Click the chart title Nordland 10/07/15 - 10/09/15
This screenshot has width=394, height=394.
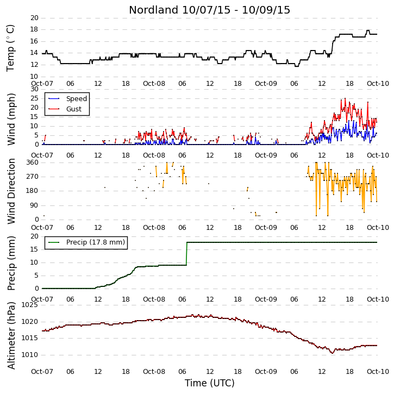(209, 10)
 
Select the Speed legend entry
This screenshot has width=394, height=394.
(67, 98)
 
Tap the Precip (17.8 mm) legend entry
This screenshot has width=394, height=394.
(86, 242)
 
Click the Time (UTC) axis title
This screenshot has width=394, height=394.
(210, 383)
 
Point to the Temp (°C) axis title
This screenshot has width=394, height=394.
(10, 48)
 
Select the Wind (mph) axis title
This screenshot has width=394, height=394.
(11, 119)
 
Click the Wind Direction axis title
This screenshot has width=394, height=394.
(11, 191)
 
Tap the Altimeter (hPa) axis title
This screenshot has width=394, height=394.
(11, 335)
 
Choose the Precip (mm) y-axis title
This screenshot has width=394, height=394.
(11, 264)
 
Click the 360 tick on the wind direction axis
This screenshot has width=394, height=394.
(33, 162)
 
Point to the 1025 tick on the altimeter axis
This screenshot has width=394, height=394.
(30, 305)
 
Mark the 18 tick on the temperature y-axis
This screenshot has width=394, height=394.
(34, 29)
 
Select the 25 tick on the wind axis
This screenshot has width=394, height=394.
(34, 98)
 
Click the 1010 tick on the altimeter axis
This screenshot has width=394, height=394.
(30, 355)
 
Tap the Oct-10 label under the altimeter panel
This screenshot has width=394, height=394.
(378, 371)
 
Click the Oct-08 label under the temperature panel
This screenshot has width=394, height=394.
(154, 84)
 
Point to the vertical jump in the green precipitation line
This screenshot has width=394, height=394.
(187, 254)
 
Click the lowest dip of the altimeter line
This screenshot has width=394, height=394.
(333, 353)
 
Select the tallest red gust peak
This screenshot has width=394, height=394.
(345, 98)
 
